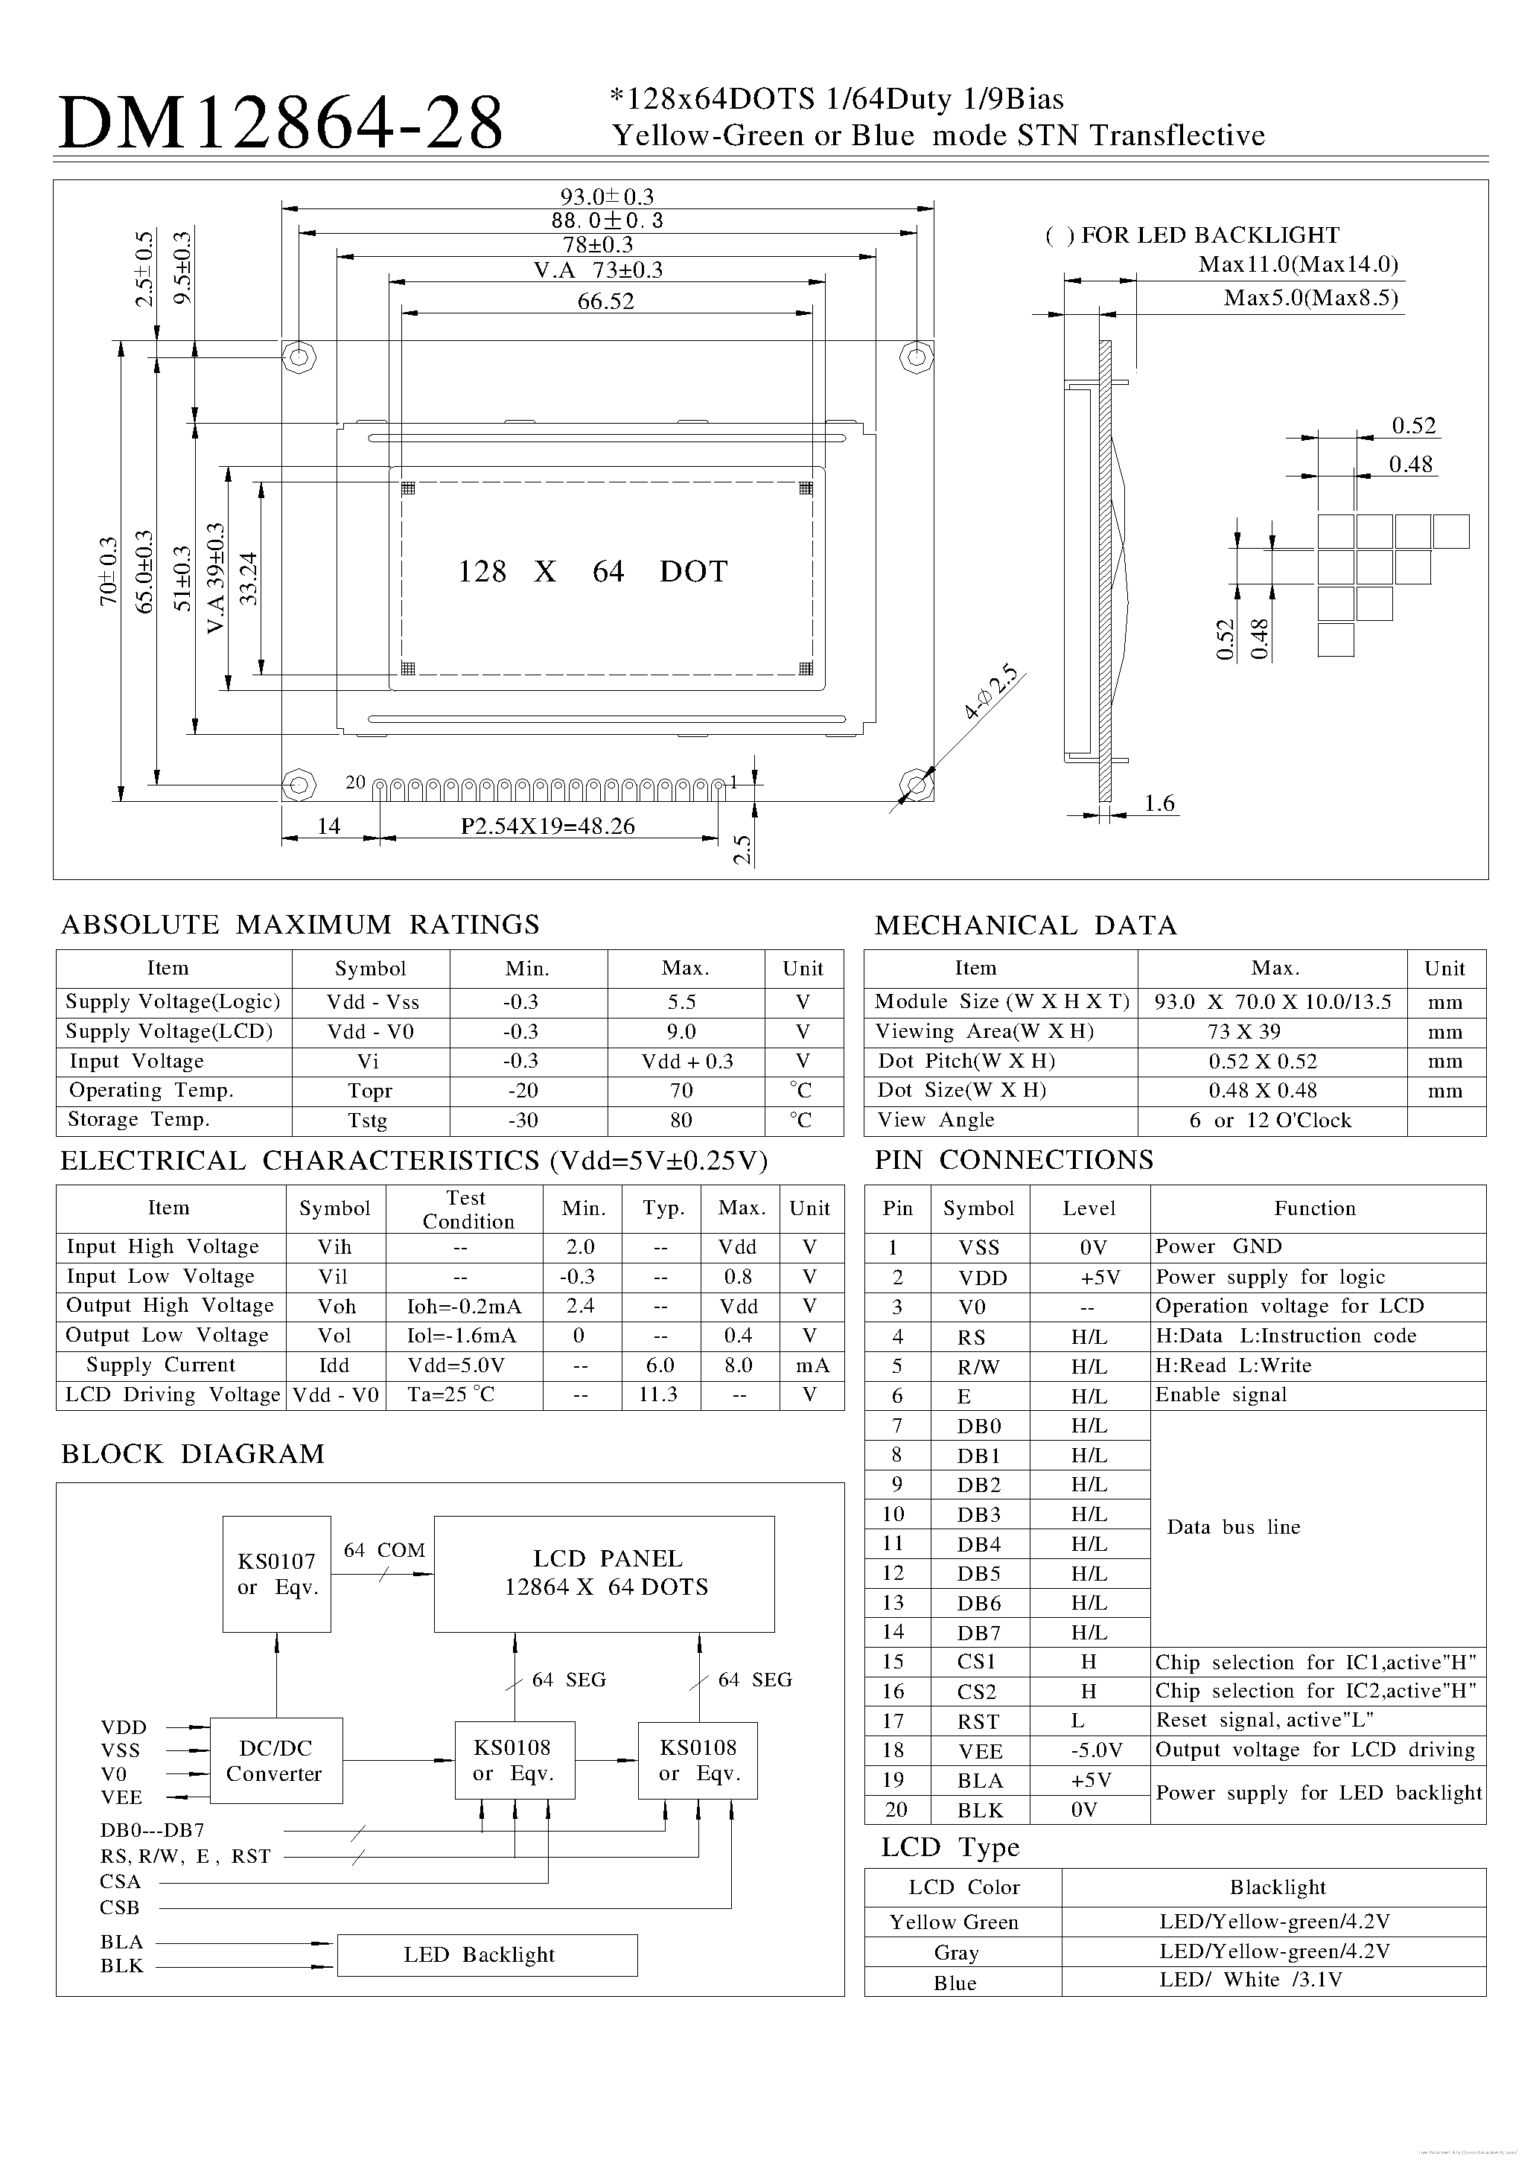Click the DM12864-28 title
coord(281,124)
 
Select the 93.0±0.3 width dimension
coord(607,197)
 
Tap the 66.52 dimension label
coord(605,302)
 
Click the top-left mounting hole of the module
coord(299,357)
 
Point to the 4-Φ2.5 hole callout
coord(991,693)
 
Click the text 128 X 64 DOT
coord(593,571)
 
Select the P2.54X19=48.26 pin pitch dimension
coord(547,826)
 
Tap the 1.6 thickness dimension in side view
coord(1159,804)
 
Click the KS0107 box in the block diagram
coord(277,1573)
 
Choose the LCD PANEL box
coord(605,1573)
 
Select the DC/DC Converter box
coord(275,1761)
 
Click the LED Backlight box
coord(486,1954)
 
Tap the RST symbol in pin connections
coord(978,1721)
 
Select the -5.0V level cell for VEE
coord(1089,1750)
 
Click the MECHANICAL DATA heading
coord(1025,925)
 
